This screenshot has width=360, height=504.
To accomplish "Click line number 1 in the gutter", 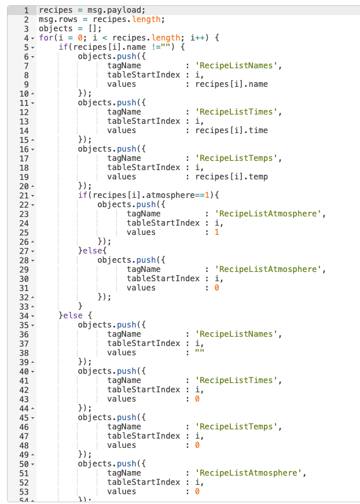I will [26, 10].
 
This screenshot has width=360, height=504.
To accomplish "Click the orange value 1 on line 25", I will [216, 232].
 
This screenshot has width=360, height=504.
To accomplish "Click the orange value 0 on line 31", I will [216, 288].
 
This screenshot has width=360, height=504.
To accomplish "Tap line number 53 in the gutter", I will [24, 491].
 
